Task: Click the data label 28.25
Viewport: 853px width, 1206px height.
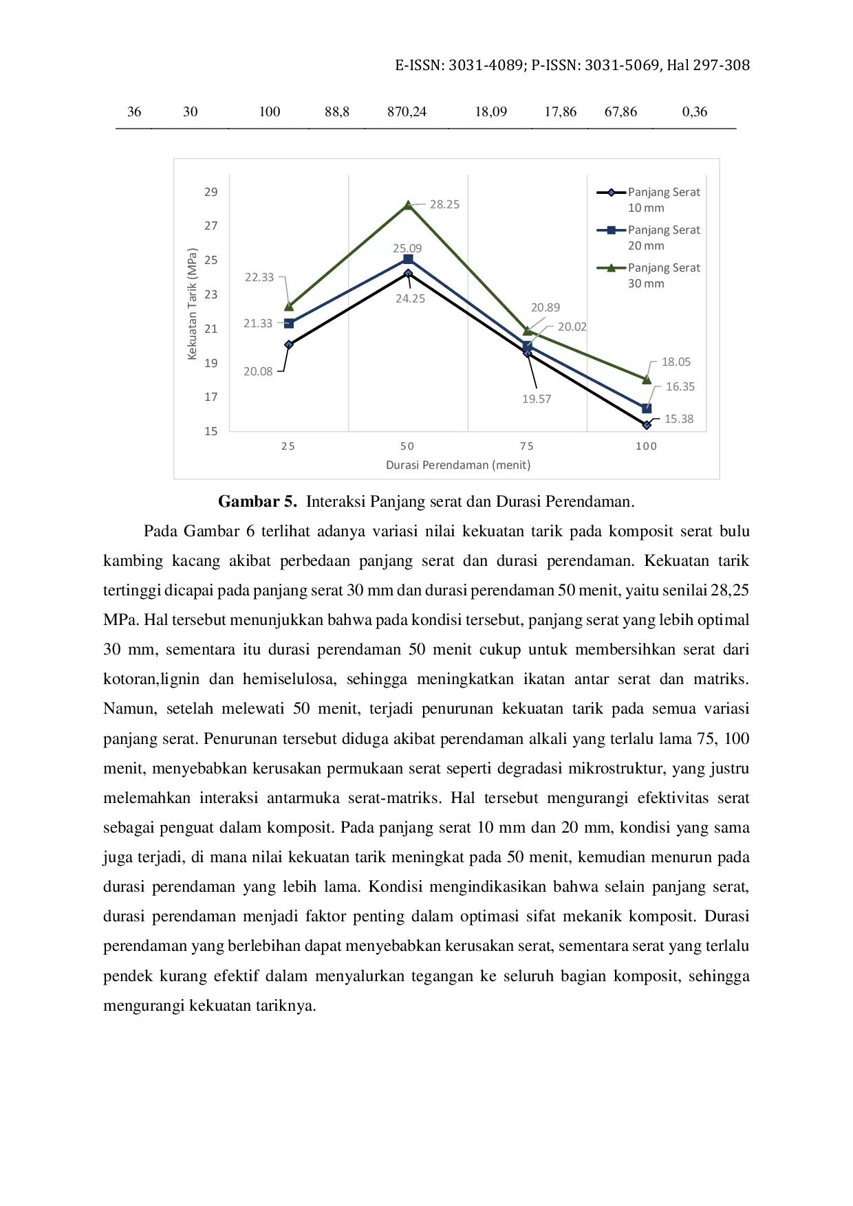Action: pos(444,204)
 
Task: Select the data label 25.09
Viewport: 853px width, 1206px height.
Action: pos(407,248)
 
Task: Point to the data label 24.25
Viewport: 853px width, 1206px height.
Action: pos(410,298)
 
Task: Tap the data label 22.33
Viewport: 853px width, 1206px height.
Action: pos(259,277)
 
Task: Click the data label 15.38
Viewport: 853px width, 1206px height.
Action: pos(678,419)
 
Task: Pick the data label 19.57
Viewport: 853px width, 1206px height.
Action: pos(537,399)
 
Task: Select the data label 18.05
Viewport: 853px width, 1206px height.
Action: pos(676,362)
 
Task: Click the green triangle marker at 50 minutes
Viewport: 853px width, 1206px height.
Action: pos(408,205)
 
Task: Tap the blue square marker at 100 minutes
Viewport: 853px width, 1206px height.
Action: pos(647,408)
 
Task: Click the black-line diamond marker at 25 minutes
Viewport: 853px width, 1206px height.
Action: pos(289,344)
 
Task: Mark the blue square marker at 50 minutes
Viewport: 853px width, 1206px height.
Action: pos(408,259)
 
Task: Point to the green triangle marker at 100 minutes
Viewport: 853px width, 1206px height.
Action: pos(647,380)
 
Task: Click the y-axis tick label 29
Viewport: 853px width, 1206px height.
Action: pos(210,192)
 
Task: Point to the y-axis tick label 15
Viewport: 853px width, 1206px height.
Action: pos(210,431)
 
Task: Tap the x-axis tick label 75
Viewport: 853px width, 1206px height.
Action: pos(527,446)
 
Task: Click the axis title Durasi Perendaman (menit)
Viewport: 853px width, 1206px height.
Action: pos(458,465)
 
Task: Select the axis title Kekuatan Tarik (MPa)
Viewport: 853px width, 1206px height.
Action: pos(192,304)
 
